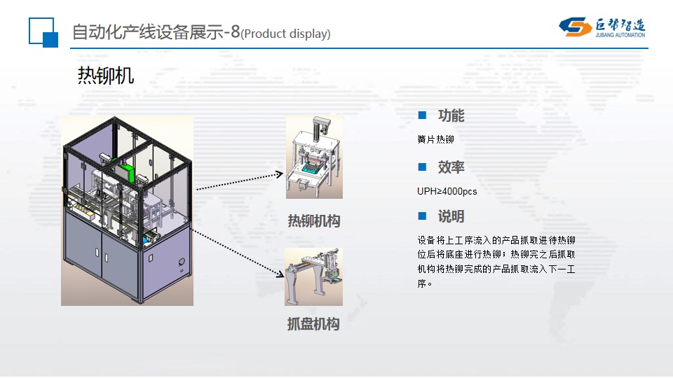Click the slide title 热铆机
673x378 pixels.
[x=105, y=76]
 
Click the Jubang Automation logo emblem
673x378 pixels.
[x=576, y=27]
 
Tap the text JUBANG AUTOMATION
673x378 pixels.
[x=618, y=33]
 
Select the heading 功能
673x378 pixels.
[x=451, y=116]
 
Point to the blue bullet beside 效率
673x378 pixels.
[x=422, y=167]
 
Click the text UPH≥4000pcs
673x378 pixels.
[x=447, y=191]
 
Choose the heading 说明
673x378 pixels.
[x=451, y=216]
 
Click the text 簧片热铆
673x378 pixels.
[x=435, y=140]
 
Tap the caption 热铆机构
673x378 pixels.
[x=313, y=221]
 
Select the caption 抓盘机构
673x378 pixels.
[x=313, y=324]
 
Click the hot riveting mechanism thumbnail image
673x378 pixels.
[x=314, y=157]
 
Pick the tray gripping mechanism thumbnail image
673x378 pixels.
[x=313, y=276]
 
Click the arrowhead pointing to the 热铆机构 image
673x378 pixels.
[x=280, y=175]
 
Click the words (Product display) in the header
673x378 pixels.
[x=285, y=34]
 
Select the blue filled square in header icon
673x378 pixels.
[x=50, y=39]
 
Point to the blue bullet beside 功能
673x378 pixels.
[x=422, y=115]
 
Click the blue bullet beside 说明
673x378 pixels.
[x=422, y=216]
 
